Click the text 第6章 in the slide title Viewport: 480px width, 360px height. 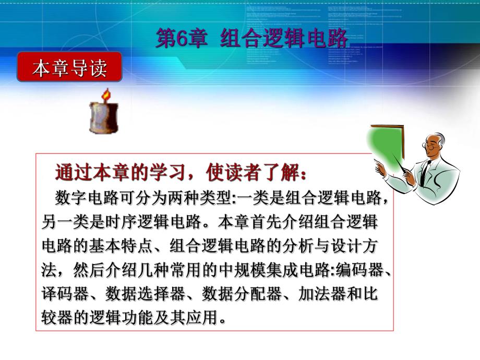coord(181,39)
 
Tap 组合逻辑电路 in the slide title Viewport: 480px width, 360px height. coord(283,39)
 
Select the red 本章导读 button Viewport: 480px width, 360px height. coord(69,67)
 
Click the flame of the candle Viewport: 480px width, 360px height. coord(106,95)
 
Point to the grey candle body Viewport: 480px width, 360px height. coord(104,117)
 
